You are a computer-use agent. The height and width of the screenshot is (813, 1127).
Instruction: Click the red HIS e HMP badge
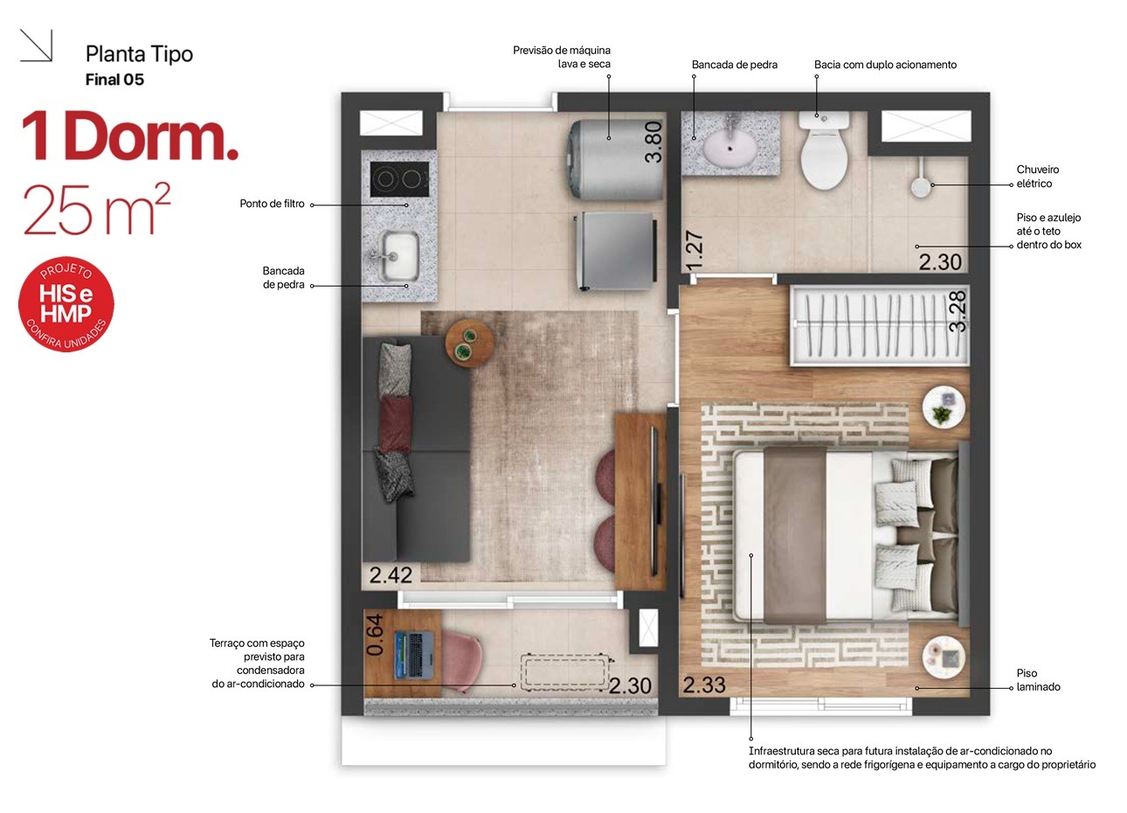click(66, 303)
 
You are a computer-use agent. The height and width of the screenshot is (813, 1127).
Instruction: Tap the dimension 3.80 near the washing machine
click(653, 142)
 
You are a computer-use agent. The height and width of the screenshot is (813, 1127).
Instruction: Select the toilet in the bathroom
click(824, 150)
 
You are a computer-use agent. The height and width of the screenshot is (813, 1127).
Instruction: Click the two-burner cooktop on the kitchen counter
click(399, 178)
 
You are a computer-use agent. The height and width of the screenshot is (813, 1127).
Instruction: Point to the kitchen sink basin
click(400, 256)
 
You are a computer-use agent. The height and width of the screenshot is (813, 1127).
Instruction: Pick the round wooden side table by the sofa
click(469, 343)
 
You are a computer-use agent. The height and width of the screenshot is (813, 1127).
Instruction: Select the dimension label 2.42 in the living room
click(391, 575)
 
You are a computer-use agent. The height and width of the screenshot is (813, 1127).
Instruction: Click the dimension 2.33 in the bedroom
click(704, 684)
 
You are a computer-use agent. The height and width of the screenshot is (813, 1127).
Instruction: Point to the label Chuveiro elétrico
click(1037, 177)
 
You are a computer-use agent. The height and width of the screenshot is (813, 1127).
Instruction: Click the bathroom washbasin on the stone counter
click(729, 145)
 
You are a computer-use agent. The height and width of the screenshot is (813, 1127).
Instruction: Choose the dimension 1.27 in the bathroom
click(695, 250)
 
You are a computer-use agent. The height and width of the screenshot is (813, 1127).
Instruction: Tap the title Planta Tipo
click(140, 54)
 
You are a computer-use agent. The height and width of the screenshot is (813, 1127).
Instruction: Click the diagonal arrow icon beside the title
click(36, 45)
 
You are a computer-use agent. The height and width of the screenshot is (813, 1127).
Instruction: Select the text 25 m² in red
click(97, 209)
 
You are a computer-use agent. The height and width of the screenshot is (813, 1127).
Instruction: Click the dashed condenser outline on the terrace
click(563, 671)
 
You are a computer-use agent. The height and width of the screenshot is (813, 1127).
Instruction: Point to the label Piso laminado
click(1038, 679)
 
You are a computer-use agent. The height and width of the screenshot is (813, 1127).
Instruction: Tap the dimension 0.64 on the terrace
click(375, 635)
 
